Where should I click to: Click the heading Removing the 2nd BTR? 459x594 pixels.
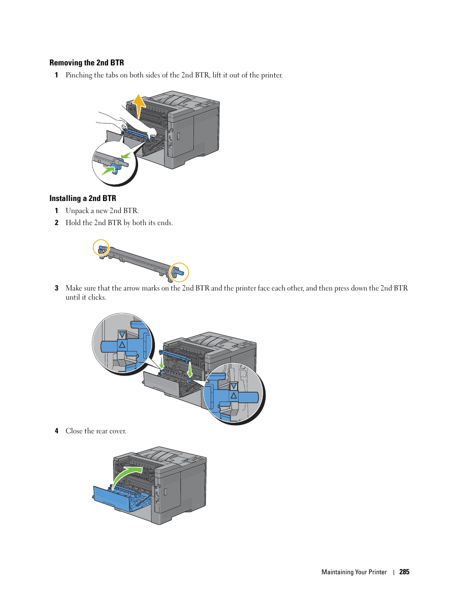click(x=87, y=63)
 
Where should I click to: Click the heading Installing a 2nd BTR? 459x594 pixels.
click(x=83, y=198)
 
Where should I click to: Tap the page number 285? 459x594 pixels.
click(x=404, y=572)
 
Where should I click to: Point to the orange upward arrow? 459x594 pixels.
click(x=139, y=107)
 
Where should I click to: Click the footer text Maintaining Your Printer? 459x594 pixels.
click(x=354, y=572)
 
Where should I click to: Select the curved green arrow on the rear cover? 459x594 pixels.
click(x=127, y=477)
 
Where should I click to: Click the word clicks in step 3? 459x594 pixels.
click(x=98, y=297)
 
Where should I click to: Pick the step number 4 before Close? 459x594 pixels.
click(x=57, y=431)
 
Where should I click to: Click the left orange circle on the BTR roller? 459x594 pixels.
click(x=101, y=248)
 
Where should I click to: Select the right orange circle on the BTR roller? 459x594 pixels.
click(x=179, y=272)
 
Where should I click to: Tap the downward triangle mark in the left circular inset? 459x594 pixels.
click(x=122, y=334)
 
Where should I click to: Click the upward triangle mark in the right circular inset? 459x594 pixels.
click(x=234, y=395)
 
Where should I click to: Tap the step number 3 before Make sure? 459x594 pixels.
click(x=57, y=288)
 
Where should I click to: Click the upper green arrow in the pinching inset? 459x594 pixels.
click(x=126, y=156)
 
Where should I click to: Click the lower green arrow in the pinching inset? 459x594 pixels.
click(x=108, y=171)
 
